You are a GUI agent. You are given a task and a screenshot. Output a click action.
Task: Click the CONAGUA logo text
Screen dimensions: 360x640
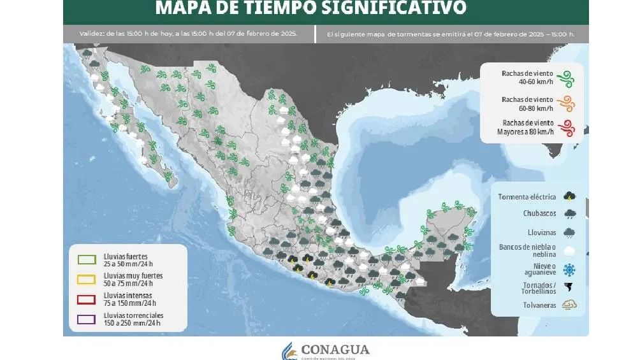[335, 349]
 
